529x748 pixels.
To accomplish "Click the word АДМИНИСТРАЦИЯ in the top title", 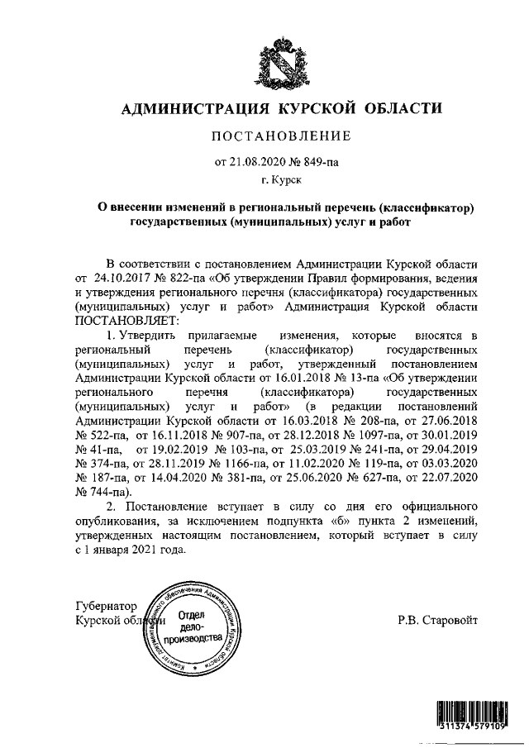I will (x=190, y=108).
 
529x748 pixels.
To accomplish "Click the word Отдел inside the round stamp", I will (x=191, y=614).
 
